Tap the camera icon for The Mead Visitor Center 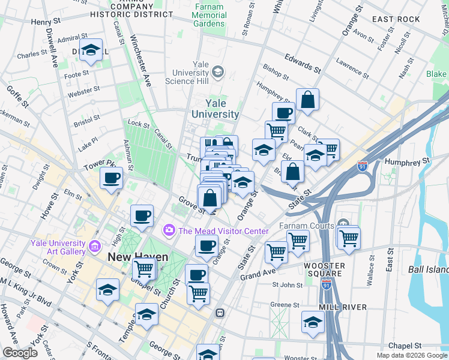(169, 230)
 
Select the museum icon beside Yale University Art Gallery (94, 247)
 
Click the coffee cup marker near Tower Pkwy (112, 178)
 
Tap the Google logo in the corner (20, 352)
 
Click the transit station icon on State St (220, 313)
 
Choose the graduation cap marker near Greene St (313, 323)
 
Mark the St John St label (286, 284)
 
